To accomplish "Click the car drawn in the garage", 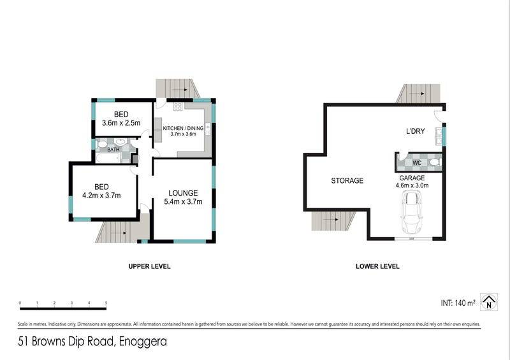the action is (x=411, y=213).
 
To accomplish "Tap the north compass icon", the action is (x=489, y=302).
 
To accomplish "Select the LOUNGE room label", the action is (x=183, y=193).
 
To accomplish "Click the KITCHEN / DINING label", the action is (x=183, y=128).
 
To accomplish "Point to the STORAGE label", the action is (x=347, y=180).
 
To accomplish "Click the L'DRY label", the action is (x=416, y=131).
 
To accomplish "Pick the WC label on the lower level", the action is (x=417, y=162).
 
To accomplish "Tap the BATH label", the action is (x=113, y=150).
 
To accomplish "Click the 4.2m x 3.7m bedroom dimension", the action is (x=101, y=196).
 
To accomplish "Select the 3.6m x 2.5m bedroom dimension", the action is (x=121, y=123).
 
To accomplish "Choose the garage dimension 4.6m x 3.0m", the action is (x=412, y=185).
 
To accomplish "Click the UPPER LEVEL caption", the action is (x=149, y=266).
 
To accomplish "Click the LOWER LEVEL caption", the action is (x=377, y=266).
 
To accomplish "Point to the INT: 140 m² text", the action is (x=458, y=303).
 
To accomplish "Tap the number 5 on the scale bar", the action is (x=106, y=303).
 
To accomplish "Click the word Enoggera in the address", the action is (x=143, y=342).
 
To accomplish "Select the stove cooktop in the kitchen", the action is (x=178, y=106).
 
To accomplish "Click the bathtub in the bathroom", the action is (x=108, y=158).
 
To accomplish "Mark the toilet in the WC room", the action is (x=435, y=162).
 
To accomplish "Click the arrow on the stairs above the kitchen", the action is (x=180, y=89).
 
